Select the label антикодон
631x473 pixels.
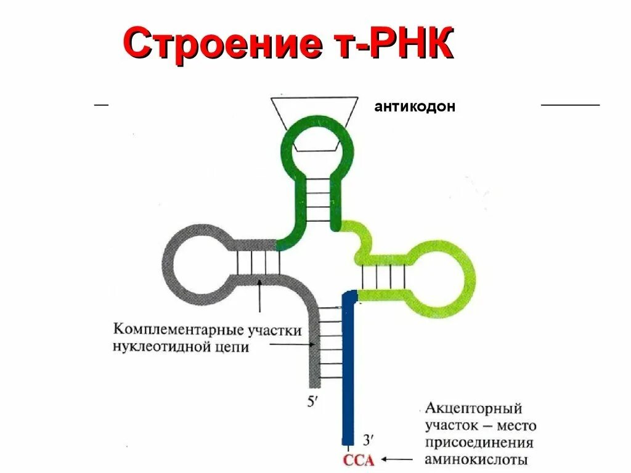tap(415, 107)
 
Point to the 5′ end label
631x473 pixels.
tap(313, 402)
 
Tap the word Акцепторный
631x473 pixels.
tap(473, 408)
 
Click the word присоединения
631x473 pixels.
tap(479, 443)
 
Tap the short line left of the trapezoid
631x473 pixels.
tap(101, 105)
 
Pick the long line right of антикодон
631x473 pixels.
tap(570, 105)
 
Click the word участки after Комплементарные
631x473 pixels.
tap(275, 329)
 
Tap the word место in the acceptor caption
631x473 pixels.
tap(516, 426)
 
